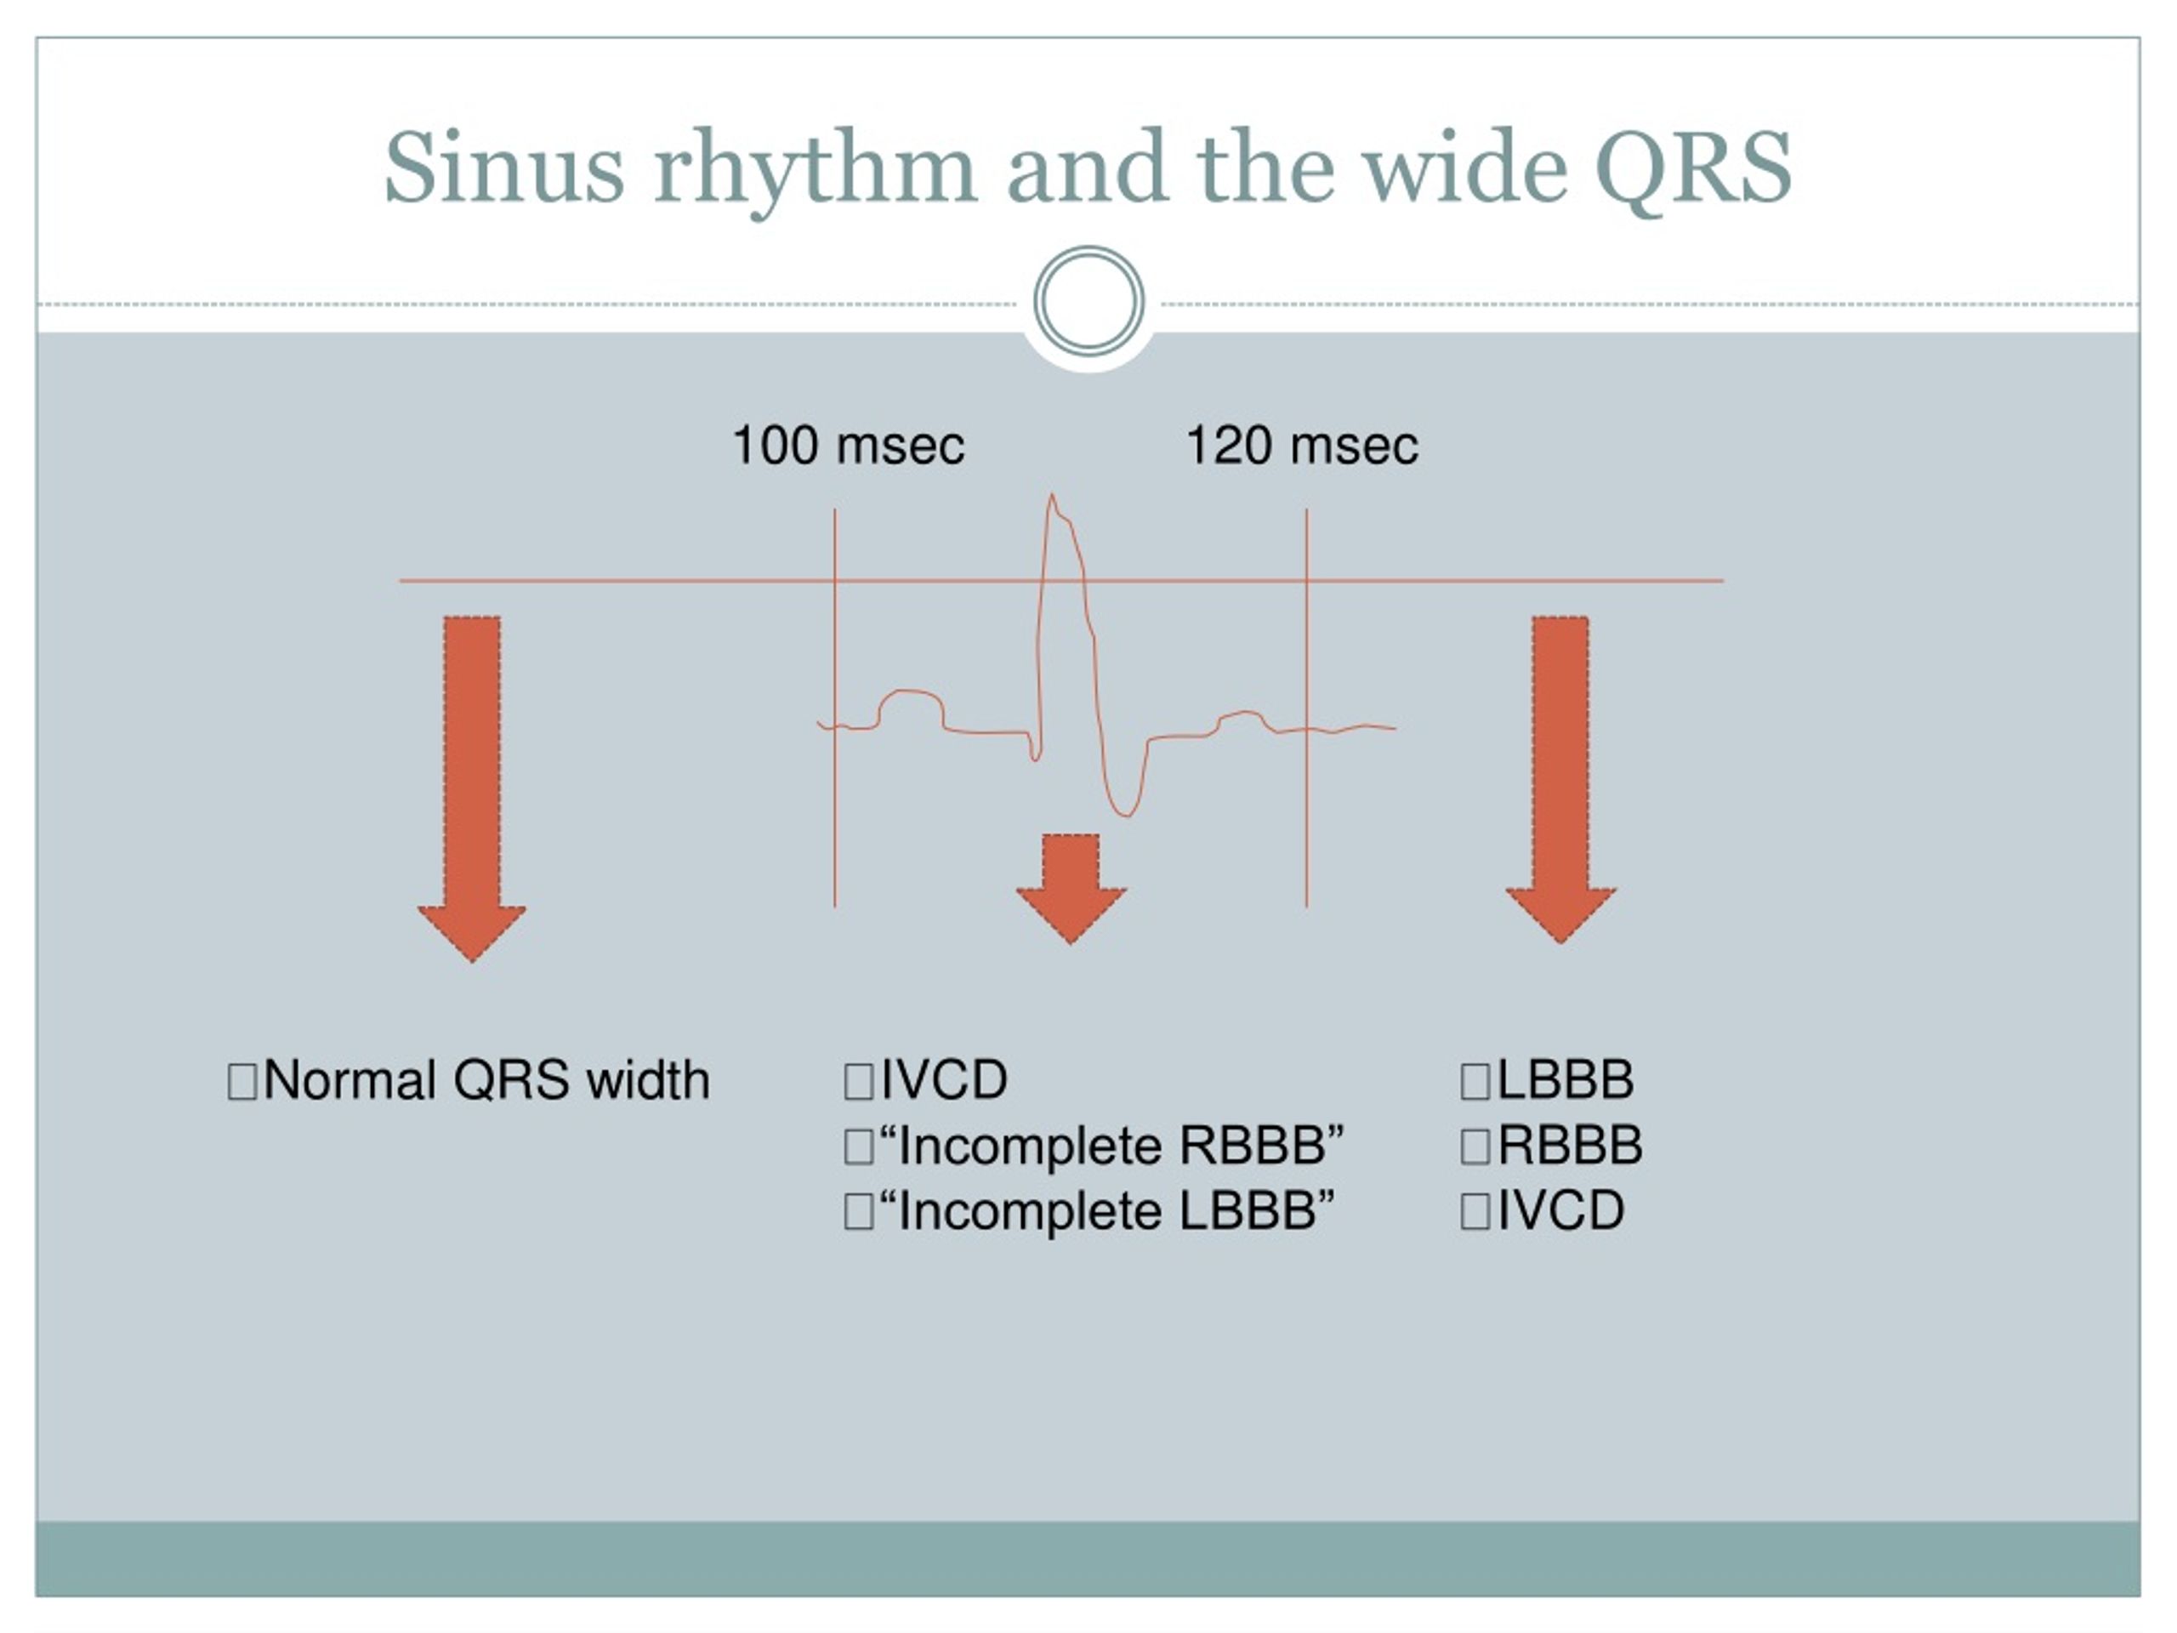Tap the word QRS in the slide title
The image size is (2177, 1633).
(x=1693, y=169)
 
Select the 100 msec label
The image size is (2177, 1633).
(x=849, y=445)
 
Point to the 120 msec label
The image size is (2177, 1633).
(x=1301, y=445)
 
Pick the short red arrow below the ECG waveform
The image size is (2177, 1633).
(x=1071, y=889)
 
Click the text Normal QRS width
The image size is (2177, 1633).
(x=486, y=1080)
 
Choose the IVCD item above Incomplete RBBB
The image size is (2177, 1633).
(x=943, y=1080)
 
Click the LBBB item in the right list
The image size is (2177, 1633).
(x=1565, y=1080)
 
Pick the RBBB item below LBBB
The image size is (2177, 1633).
(x=1569, y=1145)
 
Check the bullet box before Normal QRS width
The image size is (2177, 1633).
(x=242, y=1081)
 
